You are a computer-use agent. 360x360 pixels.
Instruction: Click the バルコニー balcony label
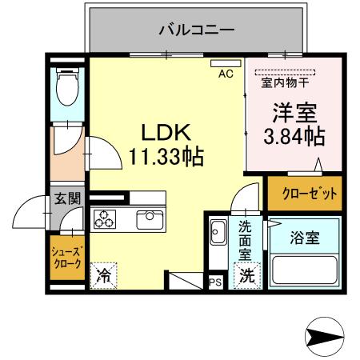[197, 30]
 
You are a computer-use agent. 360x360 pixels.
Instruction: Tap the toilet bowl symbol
[67, 86]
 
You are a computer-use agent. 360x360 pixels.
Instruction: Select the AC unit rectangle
[226, 63]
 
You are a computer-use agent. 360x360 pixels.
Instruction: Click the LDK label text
[166, 132]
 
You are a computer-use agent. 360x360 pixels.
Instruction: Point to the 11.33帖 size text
[166, 156]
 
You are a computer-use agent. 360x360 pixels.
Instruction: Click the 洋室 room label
[294, 113]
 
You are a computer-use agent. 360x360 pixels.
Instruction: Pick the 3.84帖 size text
[294, 136]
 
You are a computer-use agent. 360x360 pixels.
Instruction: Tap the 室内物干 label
[285, 82]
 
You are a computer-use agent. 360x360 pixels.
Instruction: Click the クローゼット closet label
[310, 193]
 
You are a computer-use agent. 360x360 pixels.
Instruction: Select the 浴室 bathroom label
[305, 238]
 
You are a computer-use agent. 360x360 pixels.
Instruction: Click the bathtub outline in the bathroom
[304, 270]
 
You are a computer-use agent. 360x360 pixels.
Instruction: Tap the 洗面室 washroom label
[245, 241]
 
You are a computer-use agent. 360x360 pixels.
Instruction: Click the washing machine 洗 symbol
[247, 276]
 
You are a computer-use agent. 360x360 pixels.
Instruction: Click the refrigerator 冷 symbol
[103, 276]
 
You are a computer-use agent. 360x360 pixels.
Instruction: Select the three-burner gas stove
[105, 219]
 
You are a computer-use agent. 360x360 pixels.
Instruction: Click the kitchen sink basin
[150, 220]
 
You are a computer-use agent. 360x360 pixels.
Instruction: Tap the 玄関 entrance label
[67, 198]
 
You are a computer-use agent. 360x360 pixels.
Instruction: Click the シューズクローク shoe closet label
[67, 258]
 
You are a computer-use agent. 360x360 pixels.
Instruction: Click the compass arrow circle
[325, 337]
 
